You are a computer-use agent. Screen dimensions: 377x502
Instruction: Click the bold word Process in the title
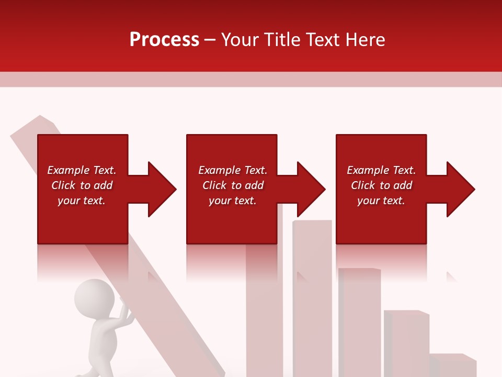pyautogui.click(x=164, y=40)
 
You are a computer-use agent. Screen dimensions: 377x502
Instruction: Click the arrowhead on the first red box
pyautogui.click(x=160, y=189)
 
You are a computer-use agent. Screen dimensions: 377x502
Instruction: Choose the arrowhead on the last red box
pyautogui.click(x=459, y=189)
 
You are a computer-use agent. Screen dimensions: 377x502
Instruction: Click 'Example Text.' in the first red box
pyautogui.click(x=82, y=170)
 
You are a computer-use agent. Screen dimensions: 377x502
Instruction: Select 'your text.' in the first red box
pyautogui.click(x=82, y=201)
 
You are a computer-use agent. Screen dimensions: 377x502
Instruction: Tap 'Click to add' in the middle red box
pyautogui.click(x=233, y=185)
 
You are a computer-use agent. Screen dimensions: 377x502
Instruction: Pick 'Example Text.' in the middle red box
pyautogui.click(x=233, y=170)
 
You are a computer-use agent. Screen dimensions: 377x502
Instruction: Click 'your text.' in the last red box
pyautogui.click(x=381, y=201)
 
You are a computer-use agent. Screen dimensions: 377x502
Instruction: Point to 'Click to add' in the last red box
pyautogui.click(x=381, y=185)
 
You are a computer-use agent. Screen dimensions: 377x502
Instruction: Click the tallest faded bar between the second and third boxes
pyautogui.click(x=312, y=298)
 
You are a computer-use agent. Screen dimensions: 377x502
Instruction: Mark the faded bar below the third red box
pyautogui.click(x=359, y=319)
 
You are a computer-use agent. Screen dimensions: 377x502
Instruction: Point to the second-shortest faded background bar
pyautogui.click(x=406, y=343)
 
